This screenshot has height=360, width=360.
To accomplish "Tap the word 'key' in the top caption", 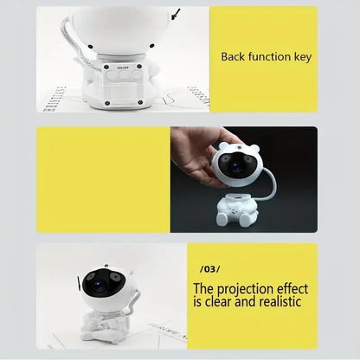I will [x=303, y=57].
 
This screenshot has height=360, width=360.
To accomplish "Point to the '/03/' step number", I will [x=209, y=270].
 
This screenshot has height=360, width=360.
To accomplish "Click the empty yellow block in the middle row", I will [x=102, y=180].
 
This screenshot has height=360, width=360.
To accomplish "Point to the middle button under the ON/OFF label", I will [x=123, y=75].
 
